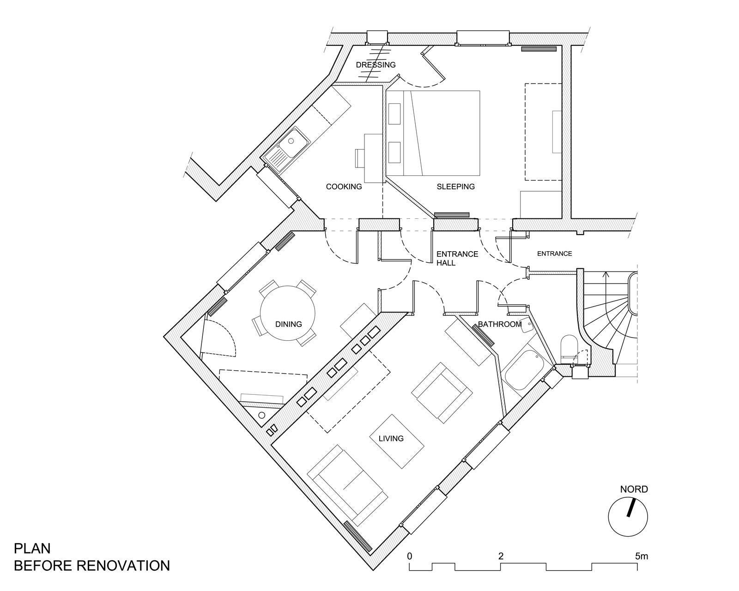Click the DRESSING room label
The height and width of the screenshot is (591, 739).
coord(376,65)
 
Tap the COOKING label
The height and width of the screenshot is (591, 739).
coord(344,187)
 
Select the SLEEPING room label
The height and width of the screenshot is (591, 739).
coord(456,187)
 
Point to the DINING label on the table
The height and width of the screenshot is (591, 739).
coord(289,324)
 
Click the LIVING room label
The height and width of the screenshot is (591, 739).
coord(391,439)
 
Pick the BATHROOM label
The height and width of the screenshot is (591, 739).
coord(500,324)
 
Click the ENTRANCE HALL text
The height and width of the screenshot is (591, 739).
coord(457,258)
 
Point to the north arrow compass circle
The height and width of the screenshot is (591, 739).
coord(628,518)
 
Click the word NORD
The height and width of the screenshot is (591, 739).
coord(634,489)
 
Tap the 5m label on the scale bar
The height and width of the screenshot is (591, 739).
coord(641,556)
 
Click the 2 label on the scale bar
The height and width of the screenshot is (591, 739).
coord(501,556)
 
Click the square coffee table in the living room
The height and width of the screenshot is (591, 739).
coord(397,441)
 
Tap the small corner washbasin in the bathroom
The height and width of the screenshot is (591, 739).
coord(526,325)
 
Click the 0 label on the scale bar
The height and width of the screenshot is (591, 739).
coord(409,556)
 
